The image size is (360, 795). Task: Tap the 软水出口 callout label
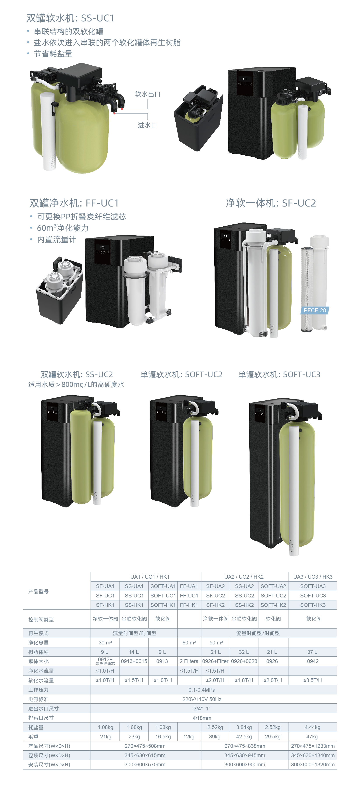(148, 94)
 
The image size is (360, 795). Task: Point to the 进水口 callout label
(147, 125)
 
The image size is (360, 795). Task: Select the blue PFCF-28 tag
(315, 310)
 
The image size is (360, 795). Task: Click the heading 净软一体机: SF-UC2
(271, 203)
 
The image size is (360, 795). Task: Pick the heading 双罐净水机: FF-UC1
(74, 203)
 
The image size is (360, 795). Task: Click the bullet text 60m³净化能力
(63, 228)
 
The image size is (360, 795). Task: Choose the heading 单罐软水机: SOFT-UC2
(182, 374)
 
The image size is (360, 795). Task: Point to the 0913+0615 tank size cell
(134, 661)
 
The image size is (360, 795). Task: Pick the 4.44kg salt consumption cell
(313, 727)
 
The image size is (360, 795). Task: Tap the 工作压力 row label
(38, 690)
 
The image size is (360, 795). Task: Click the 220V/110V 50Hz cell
(202, 699)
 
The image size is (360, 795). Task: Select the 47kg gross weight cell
(312, 737)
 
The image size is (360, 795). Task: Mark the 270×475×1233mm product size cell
(313, 746)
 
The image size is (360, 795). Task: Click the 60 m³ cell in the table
(189, 642)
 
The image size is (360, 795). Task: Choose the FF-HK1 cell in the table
(189, 605)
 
